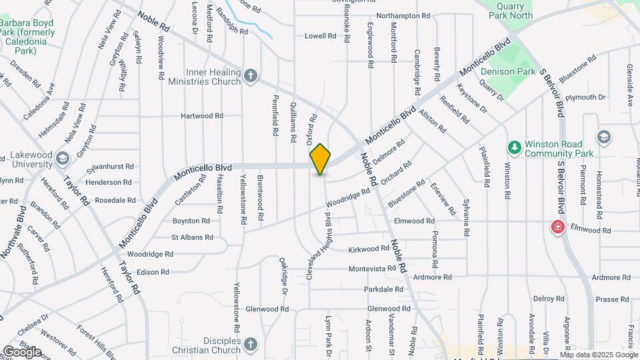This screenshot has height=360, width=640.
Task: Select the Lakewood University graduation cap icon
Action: (62, 158)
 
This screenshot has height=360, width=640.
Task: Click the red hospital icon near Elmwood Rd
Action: (557, 227)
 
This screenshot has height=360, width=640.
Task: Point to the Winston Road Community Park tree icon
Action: (513, 147)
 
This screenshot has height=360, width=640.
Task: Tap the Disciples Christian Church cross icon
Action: (250, 345)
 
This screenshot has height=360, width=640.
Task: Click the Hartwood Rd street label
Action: (202, 116)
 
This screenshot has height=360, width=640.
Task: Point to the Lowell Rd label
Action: (321, 36)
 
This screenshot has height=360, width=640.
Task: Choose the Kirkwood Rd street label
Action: (369, 249)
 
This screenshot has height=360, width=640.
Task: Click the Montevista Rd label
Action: (373, 269)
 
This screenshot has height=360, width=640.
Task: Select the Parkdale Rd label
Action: (383, 289)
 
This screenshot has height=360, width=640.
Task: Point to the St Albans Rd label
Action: (192, 237)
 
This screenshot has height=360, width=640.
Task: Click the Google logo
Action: (22, 352)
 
